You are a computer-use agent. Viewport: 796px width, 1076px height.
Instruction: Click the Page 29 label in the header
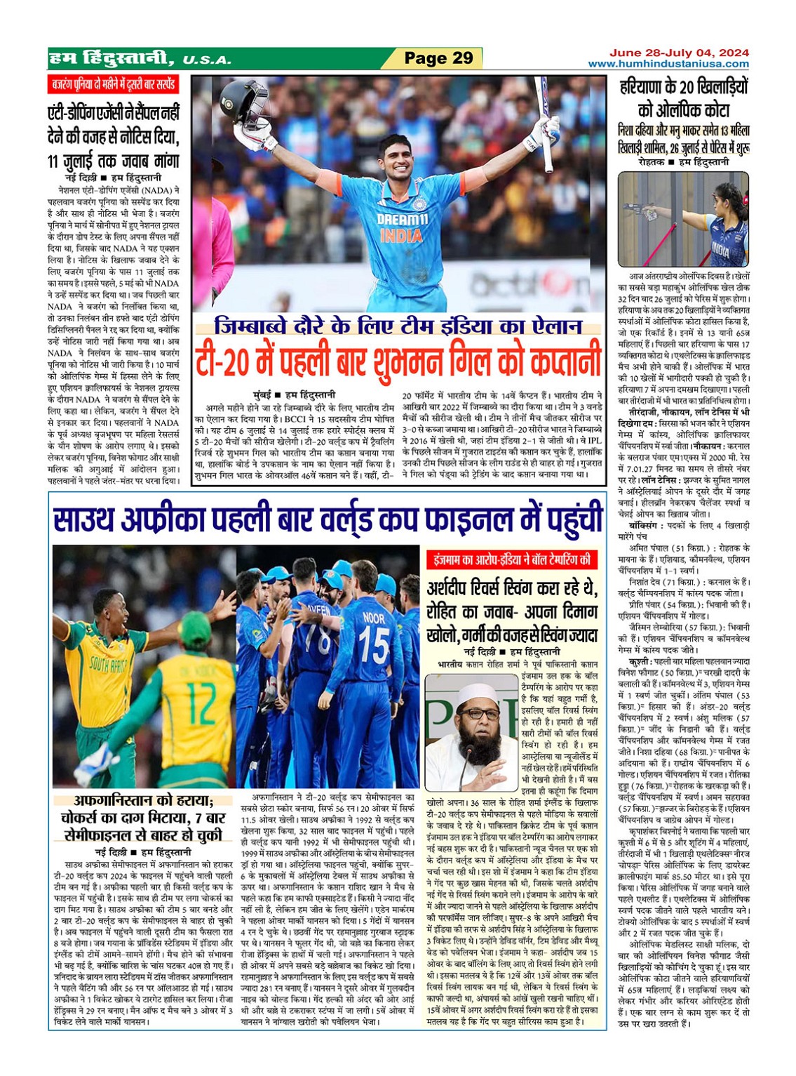click(439, 58)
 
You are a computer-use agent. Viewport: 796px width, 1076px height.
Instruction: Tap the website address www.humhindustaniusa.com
click(668, 64)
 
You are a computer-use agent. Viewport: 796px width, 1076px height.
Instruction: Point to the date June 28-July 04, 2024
click(678, 53)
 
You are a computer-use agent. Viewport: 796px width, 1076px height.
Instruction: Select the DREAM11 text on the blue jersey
click(402, 220)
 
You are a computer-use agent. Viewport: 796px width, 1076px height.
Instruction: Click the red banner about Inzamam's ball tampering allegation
click(512, 560)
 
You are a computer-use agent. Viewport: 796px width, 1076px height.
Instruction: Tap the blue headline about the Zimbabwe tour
click(398, 326)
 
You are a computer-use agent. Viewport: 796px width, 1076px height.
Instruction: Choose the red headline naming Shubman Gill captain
click(398, 359)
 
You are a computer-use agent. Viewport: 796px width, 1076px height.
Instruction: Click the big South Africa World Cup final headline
click(328, 520)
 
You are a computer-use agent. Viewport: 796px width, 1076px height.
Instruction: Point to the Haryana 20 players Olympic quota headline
click(683, 98)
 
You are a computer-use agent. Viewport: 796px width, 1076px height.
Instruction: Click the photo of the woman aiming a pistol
click(683, 220)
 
